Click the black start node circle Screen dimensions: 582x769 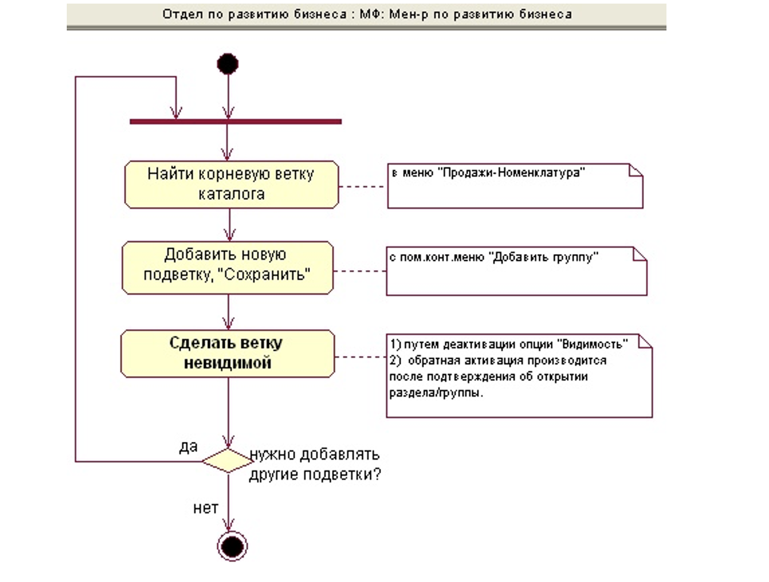[228, 64]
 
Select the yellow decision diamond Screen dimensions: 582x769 [228, 460]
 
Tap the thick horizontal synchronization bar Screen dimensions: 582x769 [235, 122]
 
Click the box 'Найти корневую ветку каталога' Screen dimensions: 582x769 [231, 184]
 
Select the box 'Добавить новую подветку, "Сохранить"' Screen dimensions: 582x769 [227, 267]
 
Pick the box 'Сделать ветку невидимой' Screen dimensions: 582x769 [227, 354]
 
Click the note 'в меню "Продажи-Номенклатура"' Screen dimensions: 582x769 [515, 186]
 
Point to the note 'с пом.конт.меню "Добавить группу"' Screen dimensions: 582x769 [516, 271]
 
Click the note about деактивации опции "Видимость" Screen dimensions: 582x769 [519, 376]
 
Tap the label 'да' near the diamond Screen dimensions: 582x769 [188, 447]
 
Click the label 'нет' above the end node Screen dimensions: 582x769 [206, 508]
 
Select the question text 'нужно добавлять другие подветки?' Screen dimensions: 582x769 [315, 465]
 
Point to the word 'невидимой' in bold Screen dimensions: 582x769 [227, 363]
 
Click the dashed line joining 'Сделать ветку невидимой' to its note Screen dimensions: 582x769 [361, 357]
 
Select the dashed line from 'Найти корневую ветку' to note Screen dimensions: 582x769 [362, 187]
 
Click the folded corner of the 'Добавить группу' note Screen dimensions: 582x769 [640, 254]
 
